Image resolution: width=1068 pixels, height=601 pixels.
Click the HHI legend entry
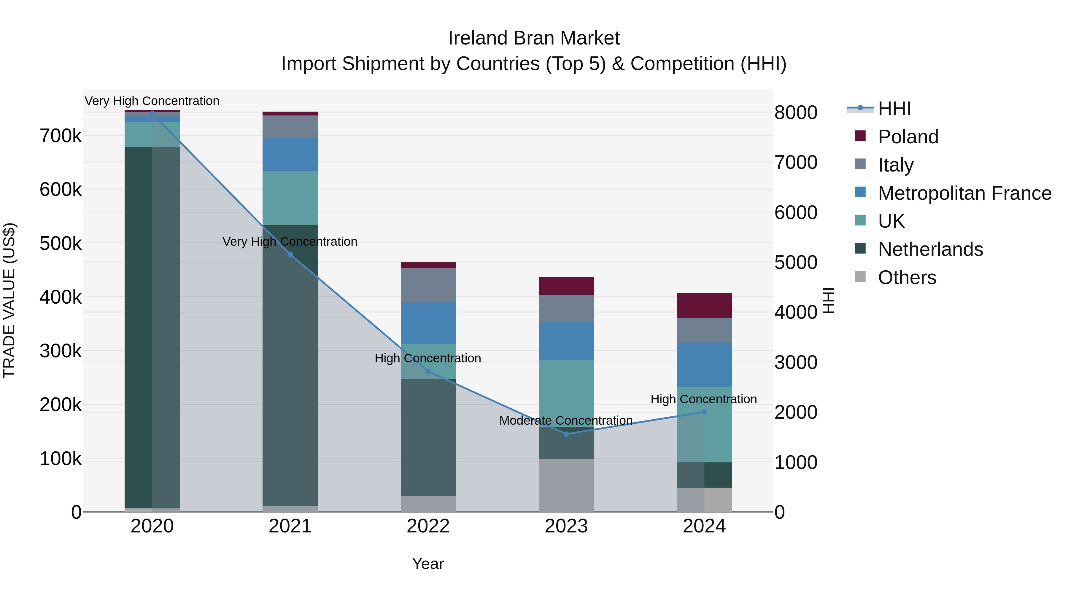pyautogui.click(x=894, y=109)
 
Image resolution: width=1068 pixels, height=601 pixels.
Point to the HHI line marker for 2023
pyautogui.click(x=566, y=434)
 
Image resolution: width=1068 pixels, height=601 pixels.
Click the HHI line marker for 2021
pyautogui.click(x=290, y=255)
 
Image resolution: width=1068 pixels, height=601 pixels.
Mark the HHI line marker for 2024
pyautogui.click(x=704, y=412)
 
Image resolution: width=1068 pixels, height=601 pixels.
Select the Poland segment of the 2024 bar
pyautogui.click(x=704, y=306)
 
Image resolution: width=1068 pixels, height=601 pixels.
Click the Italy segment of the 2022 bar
pyautogui.click(x=428, y=285)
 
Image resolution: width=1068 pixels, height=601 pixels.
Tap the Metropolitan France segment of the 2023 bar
pyautogui.click(x=566, y=341)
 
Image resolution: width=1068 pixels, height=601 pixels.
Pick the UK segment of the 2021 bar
pyautogui.click(x=290, y=198)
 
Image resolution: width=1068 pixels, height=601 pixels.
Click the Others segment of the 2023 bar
pyautogui.click(x=566, y=485)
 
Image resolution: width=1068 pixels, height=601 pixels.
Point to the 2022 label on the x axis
pyautogui.click(x=428, y=526)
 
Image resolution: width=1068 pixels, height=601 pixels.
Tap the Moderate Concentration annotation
pyautogui.click(x=566, y=421)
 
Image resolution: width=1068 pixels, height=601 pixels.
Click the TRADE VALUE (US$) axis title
pyautogui.click(x=9, y=300)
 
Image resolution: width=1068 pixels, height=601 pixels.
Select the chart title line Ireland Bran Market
pyautogui.click(x=534, y=38)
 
